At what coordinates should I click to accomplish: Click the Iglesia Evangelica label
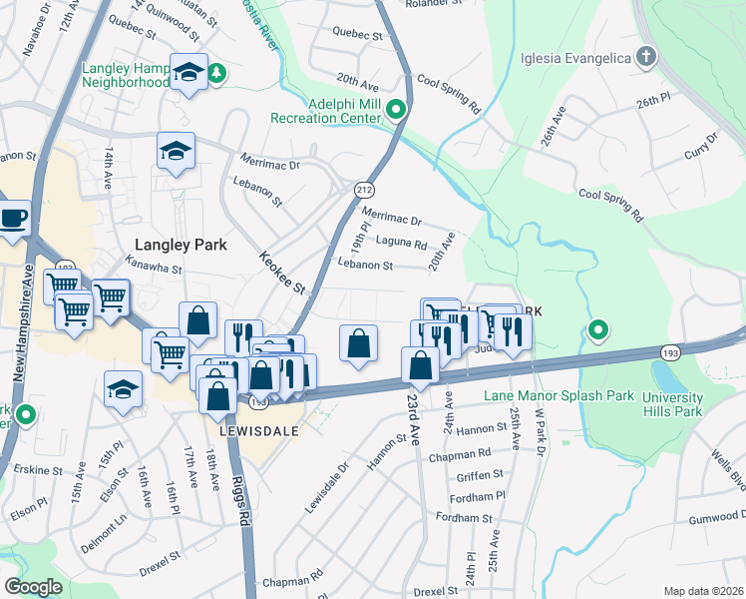[x=575, y=57]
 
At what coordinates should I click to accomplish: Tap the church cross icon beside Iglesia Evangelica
[x=645, y=56]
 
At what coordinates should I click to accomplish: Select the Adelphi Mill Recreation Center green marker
[x=396, y=110]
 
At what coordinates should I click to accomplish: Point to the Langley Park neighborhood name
[x=181, y=245]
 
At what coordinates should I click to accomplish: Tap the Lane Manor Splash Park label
[x=559, y=396]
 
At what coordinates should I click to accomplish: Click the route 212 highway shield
[x=364, y=189]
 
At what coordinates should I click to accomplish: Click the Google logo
[x=33, y=586]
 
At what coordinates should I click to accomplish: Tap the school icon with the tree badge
[x=188, y=72]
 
